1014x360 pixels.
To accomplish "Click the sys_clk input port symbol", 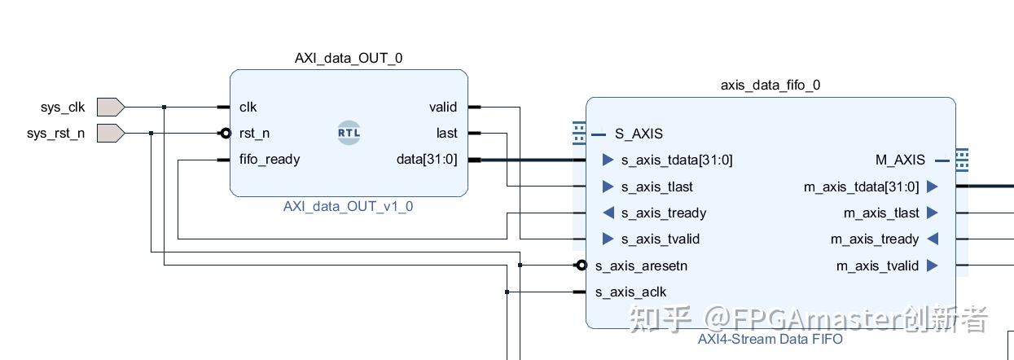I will click(110, 107).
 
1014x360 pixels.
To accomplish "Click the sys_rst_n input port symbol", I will click(110, 133).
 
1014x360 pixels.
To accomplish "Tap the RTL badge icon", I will click(349, 133).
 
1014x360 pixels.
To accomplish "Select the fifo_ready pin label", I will click(270, 160).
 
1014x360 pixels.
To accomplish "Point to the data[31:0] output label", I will click(427, 160).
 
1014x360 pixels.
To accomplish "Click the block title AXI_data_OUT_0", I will click(349, 58).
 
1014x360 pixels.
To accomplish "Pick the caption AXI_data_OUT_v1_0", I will click(349, 206).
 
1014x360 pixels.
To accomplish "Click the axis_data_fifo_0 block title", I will click(770, 85).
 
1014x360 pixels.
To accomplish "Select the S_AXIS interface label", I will click(639, 134).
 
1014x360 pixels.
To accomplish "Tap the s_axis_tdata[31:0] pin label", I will click(677, 160).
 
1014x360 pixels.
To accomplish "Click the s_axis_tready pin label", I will click(664, 213).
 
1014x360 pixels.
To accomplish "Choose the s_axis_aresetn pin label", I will click(642, 266).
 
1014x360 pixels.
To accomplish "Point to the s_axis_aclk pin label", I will click(630, 292).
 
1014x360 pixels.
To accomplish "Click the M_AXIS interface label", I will click(900, 160).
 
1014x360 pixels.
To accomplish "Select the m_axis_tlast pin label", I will click(881, 213).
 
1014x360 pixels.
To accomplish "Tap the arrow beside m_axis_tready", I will click(933, 239).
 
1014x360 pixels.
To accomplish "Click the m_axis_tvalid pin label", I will click(878, 266).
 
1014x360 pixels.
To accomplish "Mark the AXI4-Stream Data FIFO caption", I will click(770, 339).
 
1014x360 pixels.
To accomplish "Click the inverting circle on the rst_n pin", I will click(226, 133).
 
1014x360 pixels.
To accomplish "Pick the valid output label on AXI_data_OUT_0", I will click(443, 107).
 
